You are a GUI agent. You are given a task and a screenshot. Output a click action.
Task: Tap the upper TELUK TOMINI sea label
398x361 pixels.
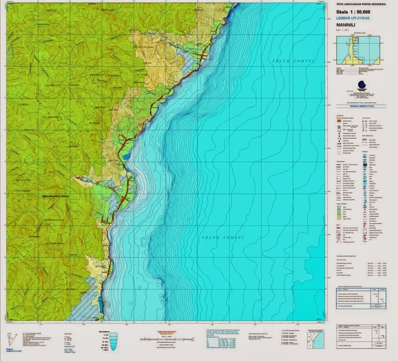[x=294, y=62]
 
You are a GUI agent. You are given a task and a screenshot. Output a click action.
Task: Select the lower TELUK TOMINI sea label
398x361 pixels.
[x=223, y=238]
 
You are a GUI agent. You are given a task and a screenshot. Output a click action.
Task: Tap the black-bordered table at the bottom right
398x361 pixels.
[x=361, y=336]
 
